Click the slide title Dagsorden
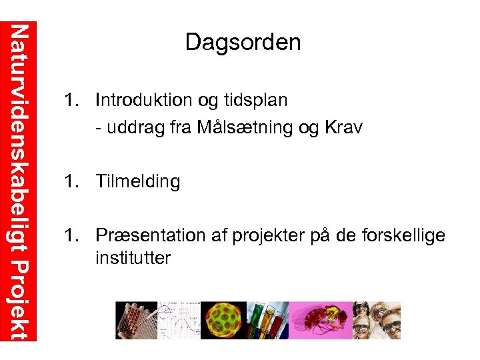(x=243, y=43)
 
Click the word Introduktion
(x=145, y=101)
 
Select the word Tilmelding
(x=138, y=181)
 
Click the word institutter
(x=133, y=257)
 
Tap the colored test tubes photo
(x=268, y=320)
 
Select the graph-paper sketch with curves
(x=179, y=320)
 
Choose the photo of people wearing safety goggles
(x=376, y=320)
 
